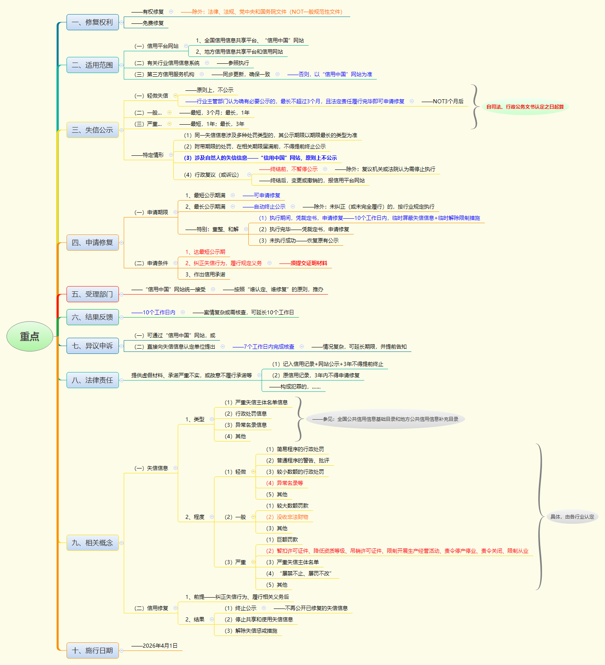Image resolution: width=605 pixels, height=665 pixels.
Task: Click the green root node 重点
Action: tap(30, 336)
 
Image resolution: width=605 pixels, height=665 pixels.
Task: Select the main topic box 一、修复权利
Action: tap(92, 22)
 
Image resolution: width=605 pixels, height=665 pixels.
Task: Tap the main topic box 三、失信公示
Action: tap(92, 130)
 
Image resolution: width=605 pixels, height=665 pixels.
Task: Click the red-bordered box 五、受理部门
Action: tap(92, 294)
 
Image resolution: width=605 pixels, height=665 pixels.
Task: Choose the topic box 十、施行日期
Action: tap(92, 650)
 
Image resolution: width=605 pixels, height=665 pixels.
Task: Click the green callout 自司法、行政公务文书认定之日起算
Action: tap(525, 107)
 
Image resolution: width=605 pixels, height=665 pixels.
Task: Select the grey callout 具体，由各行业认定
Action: tap(572, 517)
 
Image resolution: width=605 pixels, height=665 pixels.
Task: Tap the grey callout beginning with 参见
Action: tap(385, 419)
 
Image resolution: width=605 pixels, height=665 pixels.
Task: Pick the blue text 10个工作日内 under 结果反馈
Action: tap(159, 312)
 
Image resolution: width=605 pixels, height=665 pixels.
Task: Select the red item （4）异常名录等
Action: tap(285, 483)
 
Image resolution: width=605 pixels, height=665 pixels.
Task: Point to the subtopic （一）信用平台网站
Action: tap(156, 46)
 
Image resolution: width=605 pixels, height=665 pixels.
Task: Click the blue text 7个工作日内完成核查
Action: tap(269, 347)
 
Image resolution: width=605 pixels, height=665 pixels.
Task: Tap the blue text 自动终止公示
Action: tap(269, 207)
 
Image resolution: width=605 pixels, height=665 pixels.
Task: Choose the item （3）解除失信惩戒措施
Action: tap(251, 631)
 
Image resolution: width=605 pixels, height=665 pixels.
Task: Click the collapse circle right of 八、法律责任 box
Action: tap(121, 380)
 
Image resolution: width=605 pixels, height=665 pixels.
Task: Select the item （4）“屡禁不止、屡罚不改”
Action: tap(299, 573)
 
